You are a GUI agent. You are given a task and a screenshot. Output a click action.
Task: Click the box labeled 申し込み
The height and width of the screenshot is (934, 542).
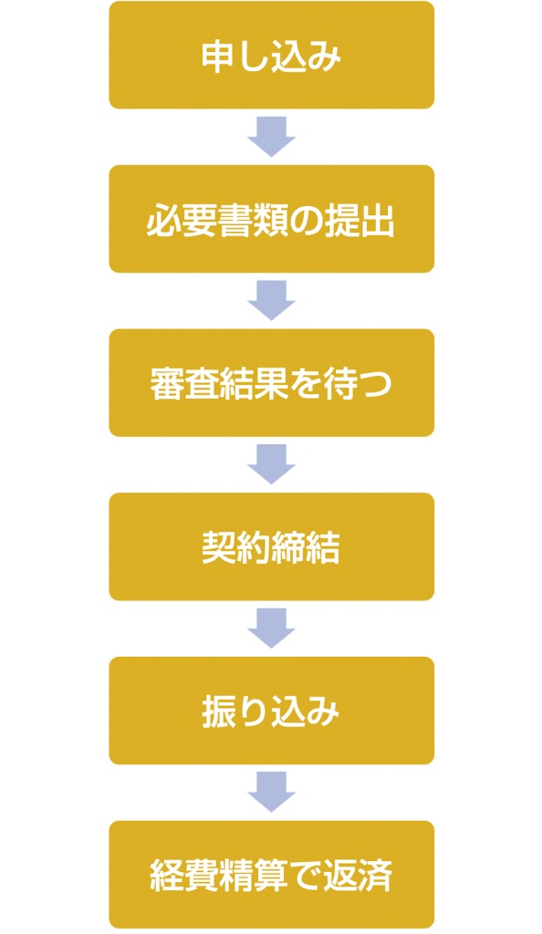tap(272, 55)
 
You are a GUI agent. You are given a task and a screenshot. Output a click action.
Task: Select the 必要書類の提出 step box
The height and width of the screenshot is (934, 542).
tap(272, 219)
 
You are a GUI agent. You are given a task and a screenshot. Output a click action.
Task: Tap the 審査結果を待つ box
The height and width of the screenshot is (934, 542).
tap(272, 382)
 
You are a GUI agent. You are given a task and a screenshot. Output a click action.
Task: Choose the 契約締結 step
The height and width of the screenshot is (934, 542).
tap(272, 546)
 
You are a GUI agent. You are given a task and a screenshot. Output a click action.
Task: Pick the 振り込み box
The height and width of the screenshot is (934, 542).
tap(272, 711)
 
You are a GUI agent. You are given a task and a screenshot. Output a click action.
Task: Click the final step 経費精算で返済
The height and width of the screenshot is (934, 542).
tap(272, 875)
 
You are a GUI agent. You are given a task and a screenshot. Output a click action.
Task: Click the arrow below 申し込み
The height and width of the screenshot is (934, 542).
tap(272, 137)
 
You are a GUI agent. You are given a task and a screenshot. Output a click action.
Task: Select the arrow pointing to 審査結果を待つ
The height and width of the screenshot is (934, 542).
tap(272, 301)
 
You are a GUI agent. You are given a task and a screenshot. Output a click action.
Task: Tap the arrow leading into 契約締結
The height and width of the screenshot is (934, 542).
tap(272, 464)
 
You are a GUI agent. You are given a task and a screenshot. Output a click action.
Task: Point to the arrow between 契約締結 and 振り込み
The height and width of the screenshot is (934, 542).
tap(272, 628)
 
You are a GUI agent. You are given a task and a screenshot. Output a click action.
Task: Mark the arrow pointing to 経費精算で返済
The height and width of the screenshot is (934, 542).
tap(272, 793)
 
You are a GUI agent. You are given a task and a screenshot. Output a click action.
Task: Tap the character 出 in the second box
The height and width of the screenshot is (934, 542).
tap(377, 221)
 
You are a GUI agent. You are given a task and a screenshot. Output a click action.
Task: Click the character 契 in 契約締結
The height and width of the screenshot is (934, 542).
tap(218, 548)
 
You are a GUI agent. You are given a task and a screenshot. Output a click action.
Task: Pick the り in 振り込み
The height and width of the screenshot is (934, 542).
tap(253, 712)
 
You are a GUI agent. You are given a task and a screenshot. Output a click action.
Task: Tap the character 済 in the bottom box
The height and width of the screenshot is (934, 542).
tap(376, 876)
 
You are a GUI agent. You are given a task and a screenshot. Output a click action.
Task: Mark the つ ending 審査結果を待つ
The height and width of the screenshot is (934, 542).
tap(376, 385)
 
